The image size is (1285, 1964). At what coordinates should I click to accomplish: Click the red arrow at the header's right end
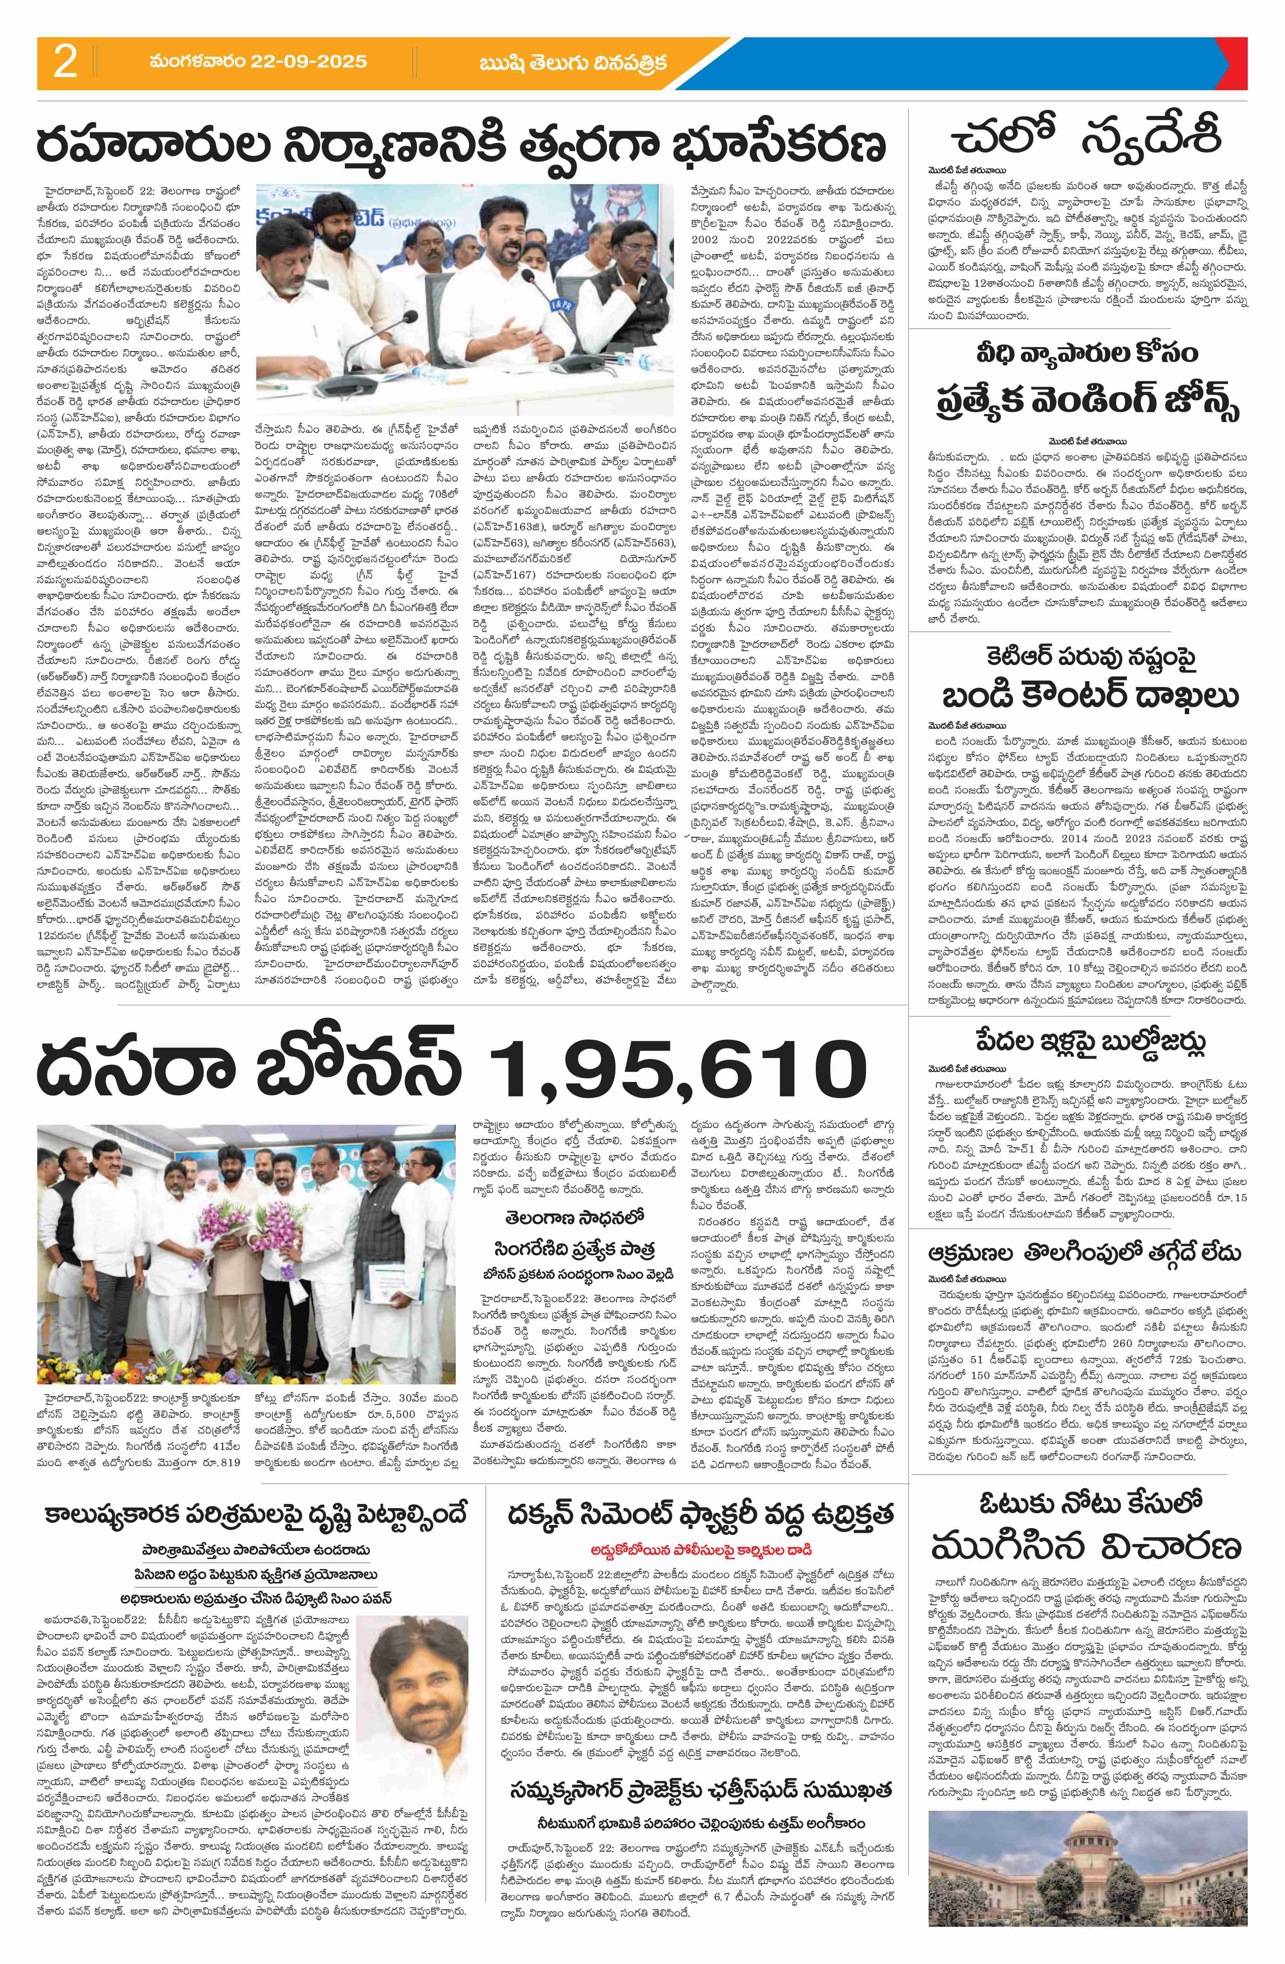(x=1238, y=64)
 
